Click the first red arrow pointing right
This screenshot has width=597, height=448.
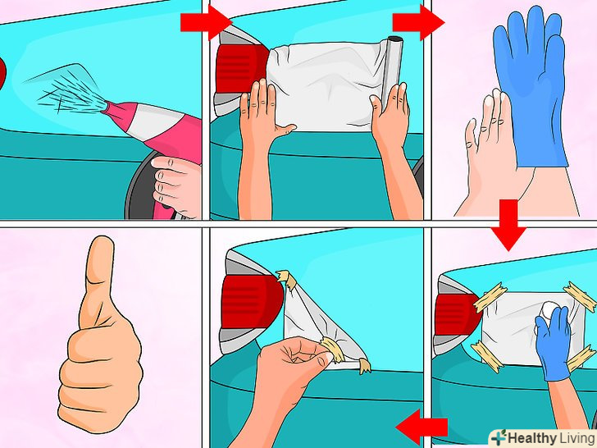pos(206,22)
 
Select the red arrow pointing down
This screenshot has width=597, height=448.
pos(508,225)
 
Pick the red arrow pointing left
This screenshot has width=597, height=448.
pos(422,427)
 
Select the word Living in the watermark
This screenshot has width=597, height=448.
pos(576,437)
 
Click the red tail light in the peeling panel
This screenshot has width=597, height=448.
pos(250,301)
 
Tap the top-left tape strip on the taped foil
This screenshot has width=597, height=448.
pos(490,297)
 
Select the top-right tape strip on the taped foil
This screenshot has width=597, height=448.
pos(581,295)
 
